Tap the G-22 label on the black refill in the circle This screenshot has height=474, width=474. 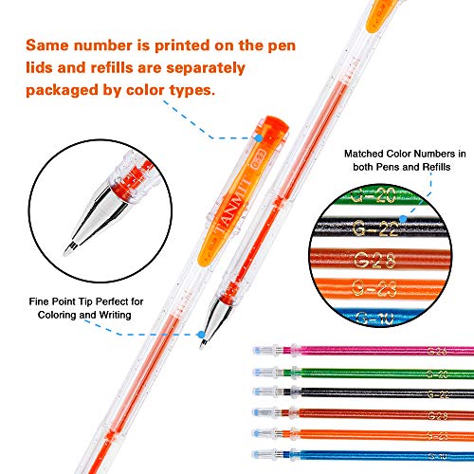point(376,229)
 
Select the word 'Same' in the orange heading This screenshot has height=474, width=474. point(51,46)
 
